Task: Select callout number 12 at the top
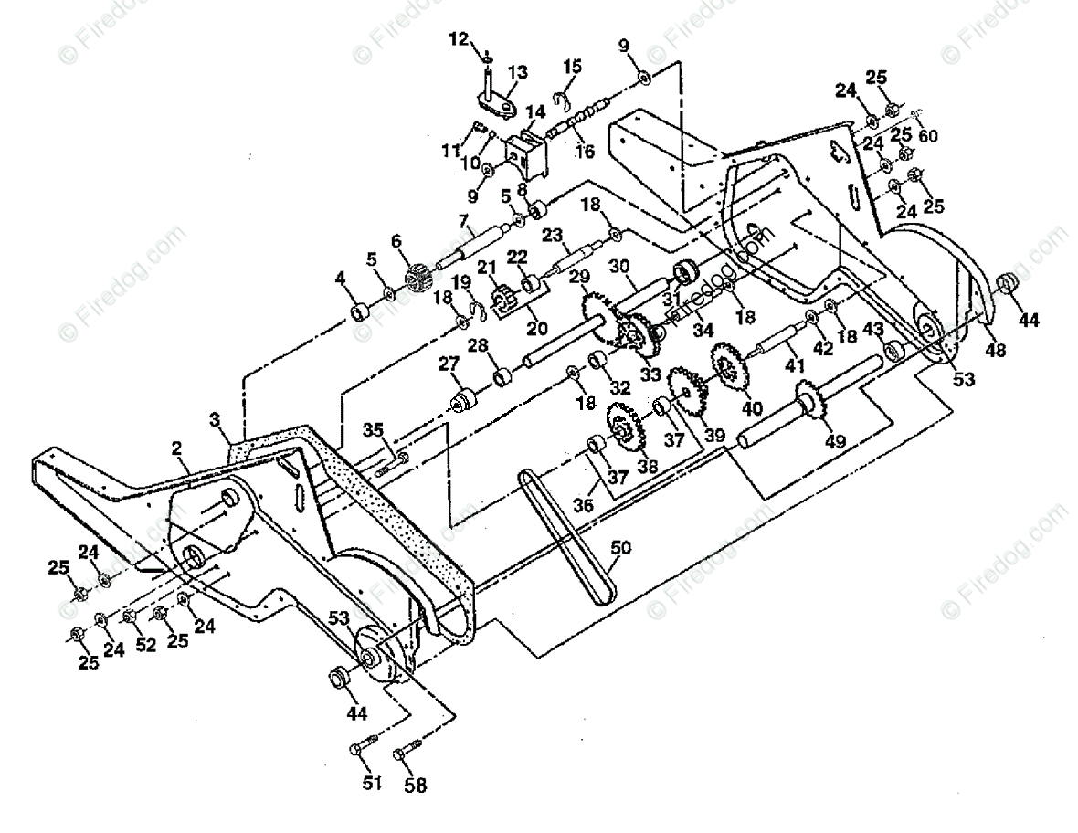pyautogui.click(x=459, y=38)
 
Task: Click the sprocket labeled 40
pyautogui.click(x=728, y=366)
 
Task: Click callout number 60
pyautogui.click(x=928, y=136)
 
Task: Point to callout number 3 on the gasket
pyautogui.click(x=216, y=420)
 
